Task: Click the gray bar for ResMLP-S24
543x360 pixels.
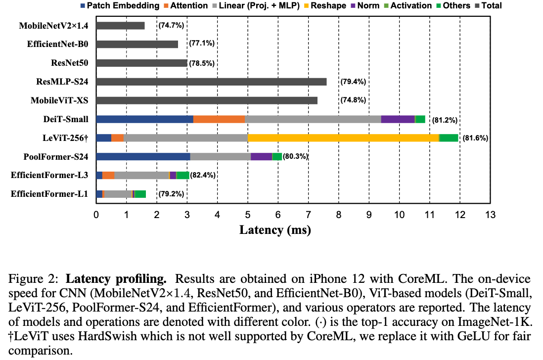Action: [211, 82]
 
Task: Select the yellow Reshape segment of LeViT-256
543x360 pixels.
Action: [343, 137]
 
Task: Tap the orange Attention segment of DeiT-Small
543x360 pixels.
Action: [219, 119]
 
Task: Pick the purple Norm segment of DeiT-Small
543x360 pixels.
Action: [398, 119]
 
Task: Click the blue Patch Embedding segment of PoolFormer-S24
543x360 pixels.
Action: [143, 157]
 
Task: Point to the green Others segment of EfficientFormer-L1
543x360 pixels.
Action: [140, 194]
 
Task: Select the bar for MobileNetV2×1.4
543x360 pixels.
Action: [120, 26]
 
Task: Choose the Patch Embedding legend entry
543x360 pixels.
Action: [118, 6]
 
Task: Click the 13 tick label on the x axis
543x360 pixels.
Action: [490, 215]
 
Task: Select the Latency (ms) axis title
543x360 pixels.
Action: [275, 230]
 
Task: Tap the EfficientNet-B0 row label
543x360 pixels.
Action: [57, 44]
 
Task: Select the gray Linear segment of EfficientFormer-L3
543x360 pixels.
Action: [141, 175]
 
